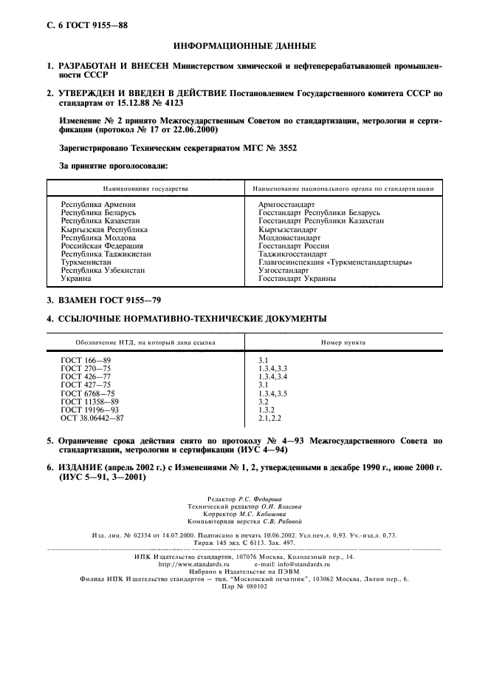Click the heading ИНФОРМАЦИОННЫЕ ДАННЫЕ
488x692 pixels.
244,46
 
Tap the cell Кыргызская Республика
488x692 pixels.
103,230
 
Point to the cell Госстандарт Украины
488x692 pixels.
297,279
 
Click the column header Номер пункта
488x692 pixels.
343,343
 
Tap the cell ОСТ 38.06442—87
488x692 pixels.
92,418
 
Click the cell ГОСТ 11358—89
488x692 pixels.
89,401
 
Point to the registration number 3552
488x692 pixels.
284,147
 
